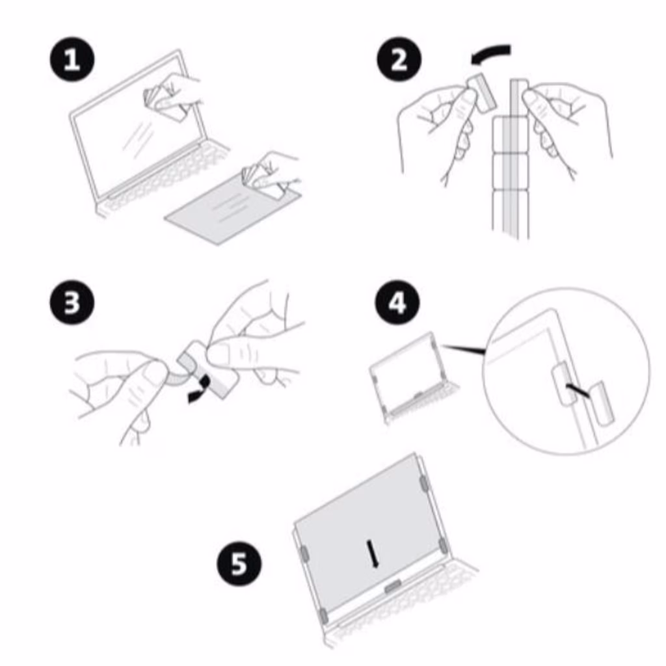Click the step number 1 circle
coord(72,59)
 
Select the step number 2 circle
coord(399,59)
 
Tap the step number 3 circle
coord(72,302)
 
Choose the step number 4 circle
coord(397,302)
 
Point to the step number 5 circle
coord(239,563)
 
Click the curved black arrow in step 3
coord(200,390)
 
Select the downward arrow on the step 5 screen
coord(372,553)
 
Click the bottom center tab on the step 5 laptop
coord(393,587)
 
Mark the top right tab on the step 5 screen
coord(423,483)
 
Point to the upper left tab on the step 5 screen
coord(304,553)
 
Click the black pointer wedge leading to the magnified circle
coord(464,349)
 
